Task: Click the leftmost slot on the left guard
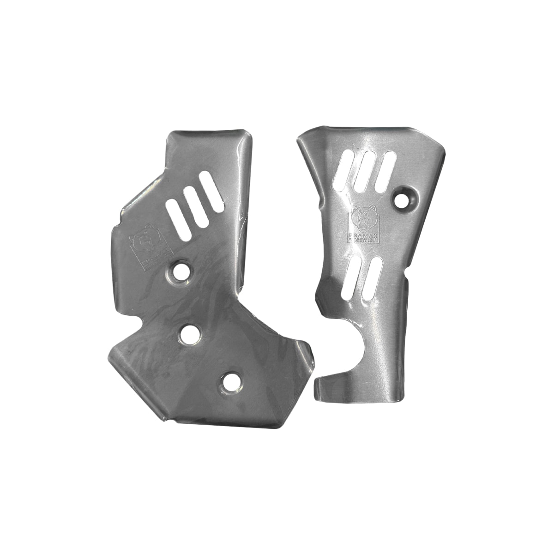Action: click(178, 221)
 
